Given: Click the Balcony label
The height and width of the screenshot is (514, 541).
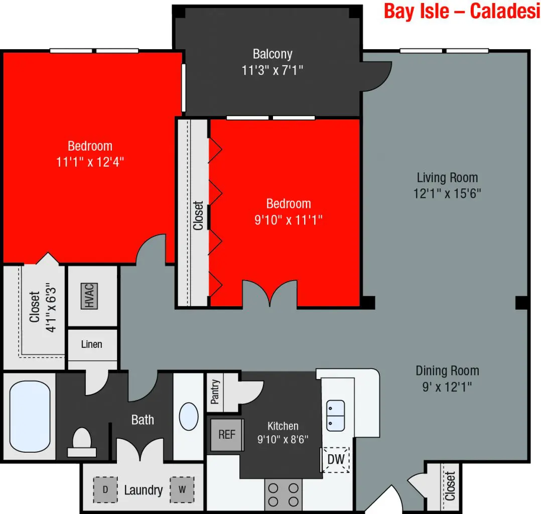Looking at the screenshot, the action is pyautogui.click(x=273, y=54).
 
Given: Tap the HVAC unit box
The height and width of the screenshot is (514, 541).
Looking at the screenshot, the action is pyautogui.click(x=89, y=296).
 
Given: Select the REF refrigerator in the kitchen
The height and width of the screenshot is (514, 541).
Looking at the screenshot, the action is pyautogui.click(x=227, y=435).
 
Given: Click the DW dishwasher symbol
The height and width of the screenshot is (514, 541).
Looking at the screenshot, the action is pyautogui.click(x=335, y=459).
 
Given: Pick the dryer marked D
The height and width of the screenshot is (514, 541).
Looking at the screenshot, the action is pyautogui.click(x=105, y=489).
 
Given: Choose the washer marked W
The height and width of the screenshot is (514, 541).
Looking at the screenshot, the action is pyautogui.click(x=182, y=489).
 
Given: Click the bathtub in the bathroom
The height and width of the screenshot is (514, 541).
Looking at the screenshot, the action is pyautogui.click(x=30, y=416).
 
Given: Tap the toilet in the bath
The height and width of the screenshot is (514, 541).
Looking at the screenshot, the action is pyautogui.click(x=82, y=443).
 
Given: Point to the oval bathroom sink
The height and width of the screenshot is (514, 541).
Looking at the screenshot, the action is pyautogui.click(x=189, y=416).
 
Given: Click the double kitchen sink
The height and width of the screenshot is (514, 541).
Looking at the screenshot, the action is pyautogui.click(x=335, y=416).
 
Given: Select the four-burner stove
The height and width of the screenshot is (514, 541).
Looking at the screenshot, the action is pyautogui.click(x=283, y=494).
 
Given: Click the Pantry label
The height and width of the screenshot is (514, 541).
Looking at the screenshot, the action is pyautogui.click(x=215, y=392).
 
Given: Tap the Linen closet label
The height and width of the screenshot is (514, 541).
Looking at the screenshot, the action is pyautogui.click(x=91, y=344).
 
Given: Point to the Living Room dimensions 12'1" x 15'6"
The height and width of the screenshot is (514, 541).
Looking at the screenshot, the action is pyautogui.click(x=447, y=193).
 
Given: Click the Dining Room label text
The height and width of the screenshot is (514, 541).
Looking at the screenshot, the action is pyautogui.click(x=447, y=371).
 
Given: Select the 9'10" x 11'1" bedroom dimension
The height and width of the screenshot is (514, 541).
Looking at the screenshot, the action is pyautogui.click(x=289, y=219).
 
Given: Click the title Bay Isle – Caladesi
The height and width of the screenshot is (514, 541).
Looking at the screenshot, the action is pyautogui.click(x=462, y=11).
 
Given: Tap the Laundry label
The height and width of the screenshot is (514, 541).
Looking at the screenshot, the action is pyautogui.click(x=143, y=490).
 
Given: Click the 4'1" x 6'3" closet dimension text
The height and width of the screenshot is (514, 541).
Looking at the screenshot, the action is pyautogui.click(x=51, y=307).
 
